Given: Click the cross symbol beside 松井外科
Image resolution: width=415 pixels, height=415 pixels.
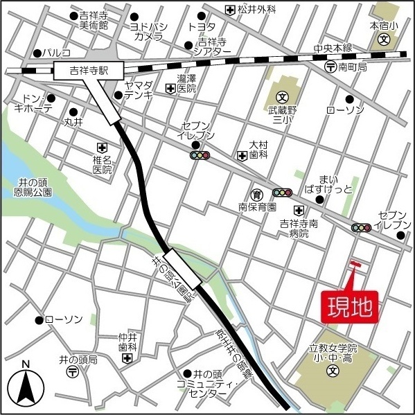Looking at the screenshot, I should (230, 10).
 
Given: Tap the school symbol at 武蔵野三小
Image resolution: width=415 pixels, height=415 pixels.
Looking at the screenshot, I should (283, 97).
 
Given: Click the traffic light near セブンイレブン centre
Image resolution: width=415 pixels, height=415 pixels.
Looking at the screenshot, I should (200, 156).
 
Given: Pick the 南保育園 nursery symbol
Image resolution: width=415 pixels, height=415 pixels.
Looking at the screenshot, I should (256, 193).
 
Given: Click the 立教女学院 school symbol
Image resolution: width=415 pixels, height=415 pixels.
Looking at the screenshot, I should (332, 371).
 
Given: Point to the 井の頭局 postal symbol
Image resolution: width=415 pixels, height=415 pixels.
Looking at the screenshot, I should (72, 373).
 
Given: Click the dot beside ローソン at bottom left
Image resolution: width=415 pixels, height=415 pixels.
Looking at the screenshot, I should (38, 320).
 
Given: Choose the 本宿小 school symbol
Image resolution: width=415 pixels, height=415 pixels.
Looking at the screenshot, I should (383, 39).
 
